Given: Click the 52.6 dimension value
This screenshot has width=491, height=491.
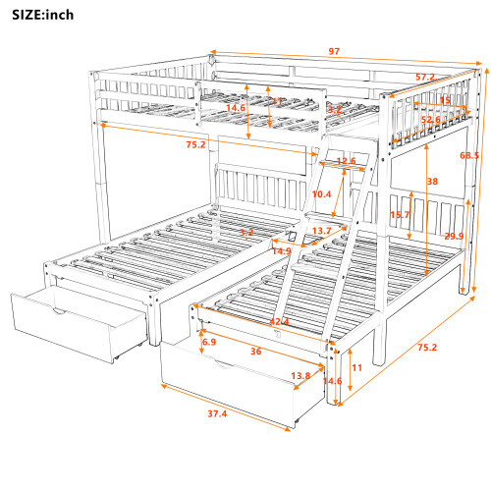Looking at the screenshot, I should click(x=429, y=121).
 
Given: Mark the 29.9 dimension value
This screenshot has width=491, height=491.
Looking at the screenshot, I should click(x=454, y=237).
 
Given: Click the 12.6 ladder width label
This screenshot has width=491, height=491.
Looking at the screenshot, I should click(x=346, y=162).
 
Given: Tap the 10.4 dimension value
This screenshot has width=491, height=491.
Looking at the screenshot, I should click(x=321, y=194).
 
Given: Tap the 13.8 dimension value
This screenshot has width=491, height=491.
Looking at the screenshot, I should click(x=301, y=376).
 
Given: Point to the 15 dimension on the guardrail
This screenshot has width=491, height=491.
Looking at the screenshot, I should click(x=445, y=100).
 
